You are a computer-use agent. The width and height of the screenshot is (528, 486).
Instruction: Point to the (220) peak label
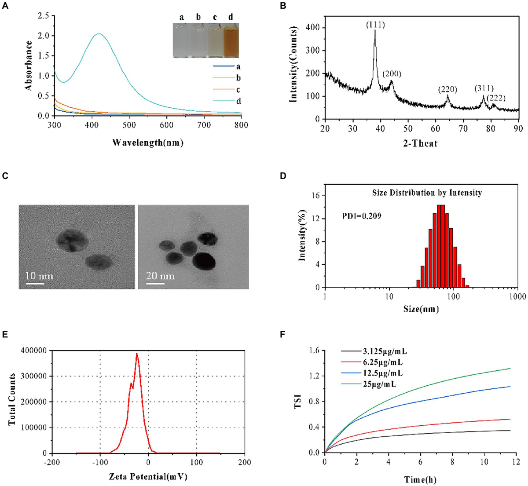click(447, 90)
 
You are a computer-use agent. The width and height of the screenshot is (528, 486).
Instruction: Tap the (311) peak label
click(483, 88)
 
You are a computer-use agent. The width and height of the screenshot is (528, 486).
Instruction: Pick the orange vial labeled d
click(231, 41)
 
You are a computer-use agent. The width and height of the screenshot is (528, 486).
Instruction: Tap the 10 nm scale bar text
click(39, 276)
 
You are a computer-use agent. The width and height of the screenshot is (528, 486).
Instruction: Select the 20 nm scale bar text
click(160, 276)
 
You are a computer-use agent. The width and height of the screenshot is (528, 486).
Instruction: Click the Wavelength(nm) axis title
click(148, 142)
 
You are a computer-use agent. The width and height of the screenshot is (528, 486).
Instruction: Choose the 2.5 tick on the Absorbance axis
click(43, 16)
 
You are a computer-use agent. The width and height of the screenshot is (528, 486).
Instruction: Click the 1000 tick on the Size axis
click(516, 297)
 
